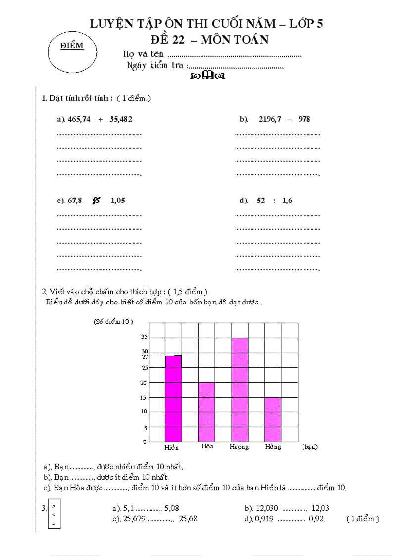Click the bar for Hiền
(x=173, y=399)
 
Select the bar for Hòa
(x=206, y=412)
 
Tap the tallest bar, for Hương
(x=240, y=390)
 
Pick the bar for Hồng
(x=273, y=419)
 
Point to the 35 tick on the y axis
(x=145, y=337)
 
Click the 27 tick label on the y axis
(x=145, y=356)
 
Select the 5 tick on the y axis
(x=145, y=428)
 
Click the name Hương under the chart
(x=239, y=447)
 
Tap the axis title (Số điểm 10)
(x=113, y=321)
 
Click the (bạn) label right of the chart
(x=310, y=447)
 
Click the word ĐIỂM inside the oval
(x=72, y=46)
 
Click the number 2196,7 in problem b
(x=270, y=119)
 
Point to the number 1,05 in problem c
(x=118, y=201)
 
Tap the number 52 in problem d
(x=261, y=201)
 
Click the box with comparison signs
(x=54, y=514)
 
